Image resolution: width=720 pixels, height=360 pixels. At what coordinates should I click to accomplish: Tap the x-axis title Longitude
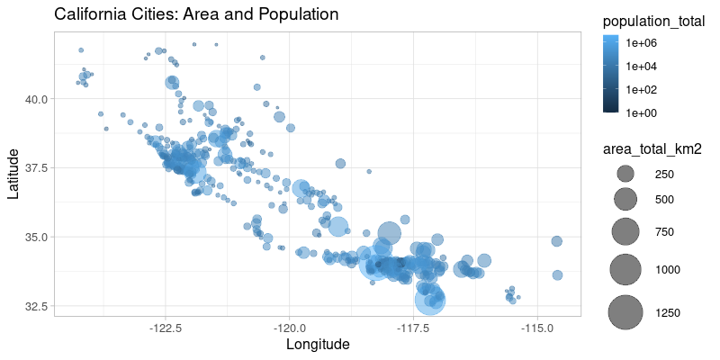(x=317, y=345)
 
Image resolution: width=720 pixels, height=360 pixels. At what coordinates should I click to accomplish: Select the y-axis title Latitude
(x=13, y=173)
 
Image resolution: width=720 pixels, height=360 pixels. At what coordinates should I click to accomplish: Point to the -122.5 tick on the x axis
(x=166, y=327)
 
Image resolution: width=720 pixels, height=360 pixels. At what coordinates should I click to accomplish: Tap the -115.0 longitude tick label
(x=536, y=327)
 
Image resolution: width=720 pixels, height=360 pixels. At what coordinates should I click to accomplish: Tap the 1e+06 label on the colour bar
(x=643, y=42)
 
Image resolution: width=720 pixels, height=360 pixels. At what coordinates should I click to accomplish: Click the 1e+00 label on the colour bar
(x=643, y=112)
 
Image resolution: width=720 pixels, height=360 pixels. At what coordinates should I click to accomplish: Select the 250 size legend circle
(x=625, y=174)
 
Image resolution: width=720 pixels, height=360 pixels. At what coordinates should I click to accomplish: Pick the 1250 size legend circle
(x=625, y=311)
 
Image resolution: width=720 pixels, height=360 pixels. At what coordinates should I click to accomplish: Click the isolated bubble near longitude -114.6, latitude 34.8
(x=556, y=241)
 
